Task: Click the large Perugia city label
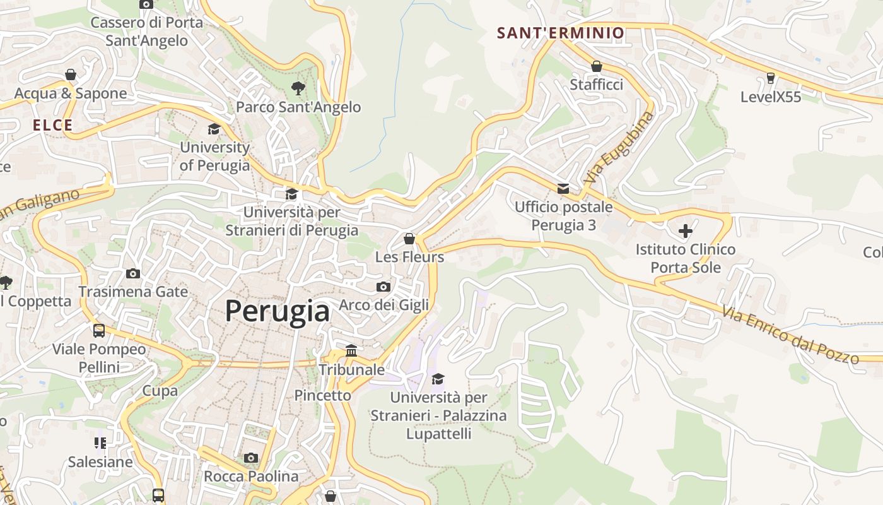pos(278,311)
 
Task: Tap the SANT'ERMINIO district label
pos(560,33)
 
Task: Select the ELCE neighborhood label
pos(53,125)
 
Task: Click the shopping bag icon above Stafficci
pos(597,66)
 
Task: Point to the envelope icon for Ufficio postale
pos(563,189)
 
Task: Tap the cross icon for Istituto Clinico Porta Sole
pos(686,231)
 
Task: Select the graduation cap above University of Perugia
pos(214,129)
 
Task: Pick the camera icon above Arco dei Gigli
pos(383,287)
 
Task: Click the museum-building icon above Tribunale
pos(351,350)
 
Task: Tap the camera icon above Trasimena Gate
pos(133,273)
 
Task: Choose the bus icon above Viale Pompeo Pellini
pos(99,331)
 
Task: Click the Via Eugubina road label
pos(619,148)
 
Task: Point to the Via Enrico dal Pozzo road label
pos(790,335)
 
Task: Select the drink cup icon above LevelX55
pos(770,78)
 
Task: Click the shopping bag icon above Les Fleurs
pos(409,239)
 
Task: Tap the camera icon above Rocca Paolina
pos(251,458)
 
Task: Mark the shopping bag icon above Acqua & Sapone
pos(71,75)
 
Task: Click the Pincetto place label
pos(322,395)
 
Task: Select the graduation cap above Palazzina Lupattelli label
pos(438,379)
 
